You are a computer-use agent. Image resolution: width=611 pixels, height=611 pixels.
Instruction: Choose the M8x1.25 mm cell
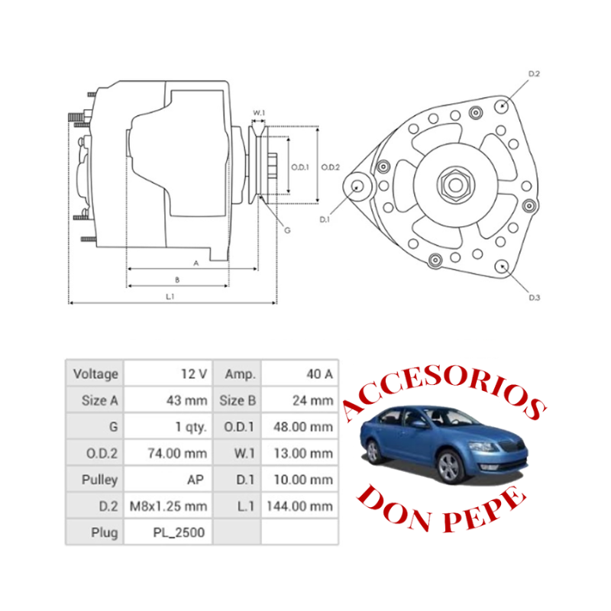168,506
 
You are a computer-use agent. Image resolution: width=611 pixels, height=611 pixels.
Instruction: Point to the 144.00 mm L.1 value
299,506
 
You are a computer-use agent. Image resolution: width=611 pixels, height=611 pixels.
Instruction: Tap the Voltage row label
95,373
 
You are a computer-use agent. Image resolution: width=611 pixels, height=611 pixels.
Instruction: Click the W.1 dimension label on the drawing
259,112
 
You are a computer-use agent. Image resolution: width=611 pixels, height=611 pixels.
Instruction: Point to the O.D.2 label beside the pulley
331,167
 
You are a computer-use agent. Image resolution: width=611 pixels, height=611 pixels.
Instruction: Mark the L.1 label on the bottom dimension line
170,296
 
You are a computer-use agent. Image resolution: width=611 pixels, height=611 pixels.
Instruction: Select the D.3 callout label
534,298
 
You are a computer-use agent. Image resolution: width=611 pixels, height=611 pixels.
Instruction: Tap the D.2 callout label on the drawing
534,73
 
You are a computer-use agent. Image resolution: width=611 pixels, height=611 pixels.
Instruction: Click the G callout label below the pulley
287,231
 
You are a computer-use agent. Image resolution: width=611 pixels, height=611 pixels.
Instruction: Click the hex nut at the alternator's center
455,185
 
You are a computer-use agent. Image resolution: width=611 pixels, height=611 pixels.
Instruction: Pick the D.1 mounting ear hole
357,186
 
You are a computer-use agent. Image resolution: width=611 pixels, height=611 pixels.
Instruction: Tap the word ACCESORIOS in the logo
445,392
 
